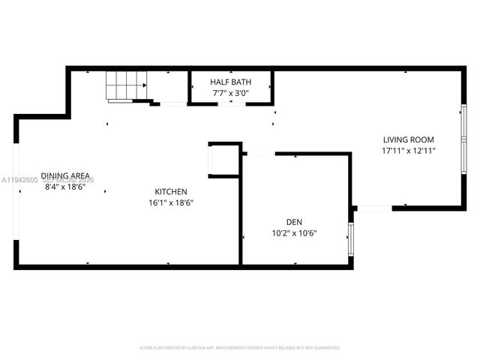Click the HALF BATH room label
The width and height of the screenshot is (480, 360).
(230, 82)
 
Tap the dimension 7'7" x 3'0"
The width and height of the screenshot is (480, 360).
(230, 94)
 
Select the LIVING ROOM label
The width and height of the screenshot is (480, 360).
(408, 139)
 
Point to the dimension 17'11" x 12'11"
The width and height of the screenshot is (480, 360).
(408, 151)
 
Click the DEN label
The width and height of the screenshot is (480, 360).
(293, 221)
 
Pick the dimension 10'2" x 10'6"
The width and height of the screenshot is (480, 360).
(293, 232)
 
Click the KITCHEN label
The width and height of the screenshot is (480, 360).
(171, 191)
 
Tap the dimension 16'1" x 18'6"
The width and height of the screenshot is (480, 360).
(171, 202)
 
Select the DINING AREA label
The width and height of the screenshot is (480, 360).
(65, 175)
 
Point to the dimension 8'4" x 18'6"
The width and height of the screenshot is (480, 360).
(65, 187)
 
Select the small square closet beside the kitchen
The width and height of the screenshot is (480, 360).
(223, 160)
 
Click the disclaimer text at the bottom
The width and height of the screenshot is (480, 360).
(240, 348)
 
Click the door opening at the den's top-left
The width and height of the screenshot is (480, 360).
(259, 154)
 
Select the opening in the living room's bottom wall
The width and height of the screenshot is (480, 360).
(373, 208)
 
